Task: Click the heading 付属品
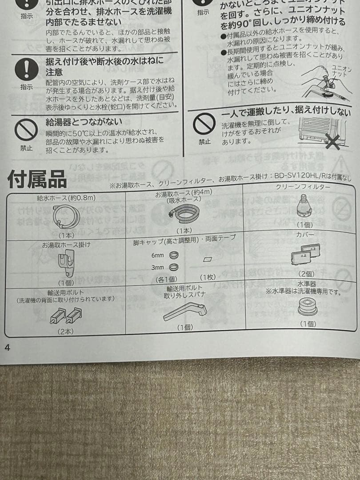point(37,180)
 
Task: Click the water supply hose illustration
point(66,217)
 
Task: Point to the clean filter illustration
point(304,207)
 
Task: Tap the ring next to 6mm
point(175,255)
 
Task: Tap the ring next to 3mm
point(175,267)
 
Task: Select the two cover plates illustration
point(304,255)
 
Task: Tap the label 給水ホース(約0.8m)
point(66,197)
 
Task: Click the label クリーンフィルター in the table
point(303,187)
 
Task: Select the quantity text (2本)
point(65,331)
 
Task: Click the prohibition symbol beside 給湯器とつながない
point(26,130)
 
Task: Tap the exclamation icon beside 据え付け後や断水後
point(26,69)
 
